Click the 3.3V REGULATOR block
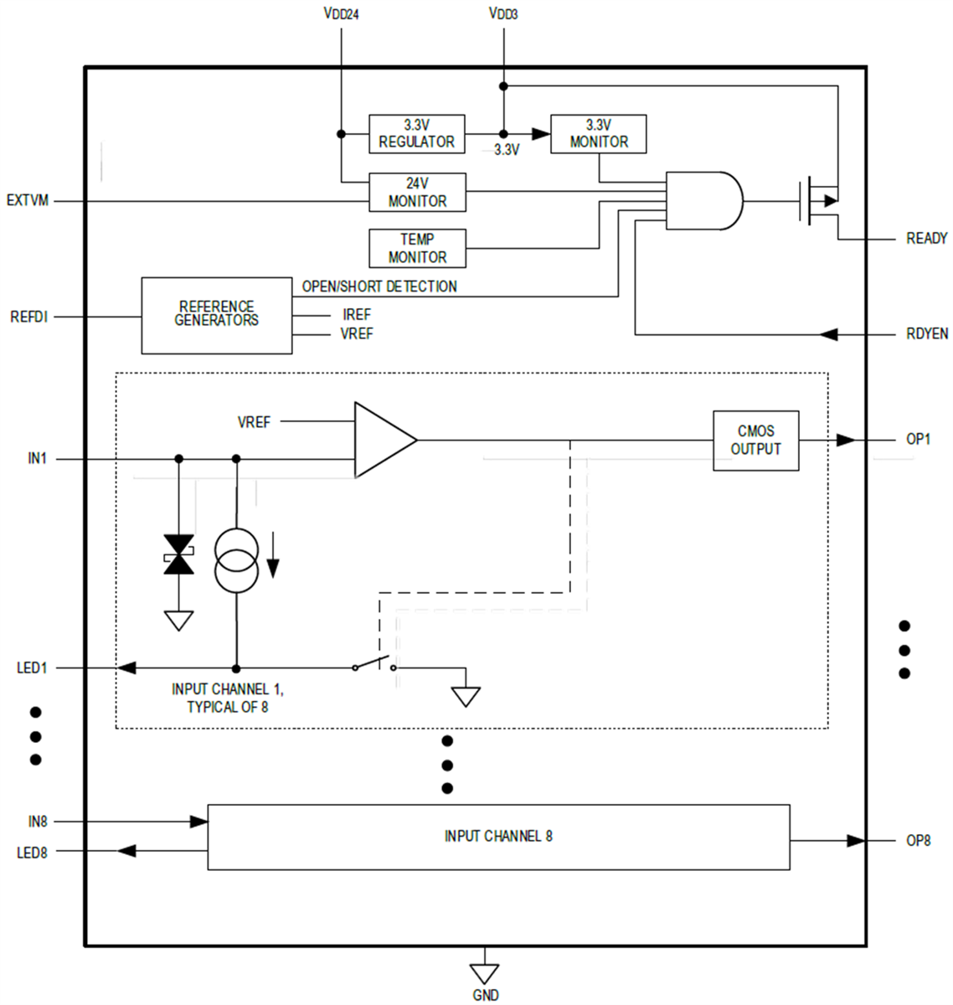(x=416, y=134)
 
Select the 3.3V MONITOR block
(x=598, y=134)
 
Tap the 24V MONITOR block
(x=416, y=193)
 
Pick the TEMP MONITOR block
(x=416, y=248)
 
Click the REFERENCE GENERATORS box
(x=216, y=315)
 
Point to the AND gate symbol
(x=702, y=201)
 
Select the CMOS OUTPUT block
(x=755, y=441)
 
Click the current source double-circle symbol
(x=236, y=561)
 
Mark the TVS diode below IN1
(x=178, y=554)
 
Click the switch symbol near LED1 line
(x=374, y=665)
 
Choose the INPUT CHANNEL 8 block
(x=498, y=837)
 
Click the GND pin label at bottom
(x=485, y=995)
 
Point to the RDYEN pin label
(x=926, y=333)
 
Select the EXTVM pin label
(x=28, y=201)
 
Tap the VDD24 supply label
(x=341, y=14)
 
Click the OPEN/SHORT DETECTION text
(x=379, y=286)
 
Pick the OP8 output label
(x=918, y=840)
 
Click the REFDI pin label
(x=28, y=317)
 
